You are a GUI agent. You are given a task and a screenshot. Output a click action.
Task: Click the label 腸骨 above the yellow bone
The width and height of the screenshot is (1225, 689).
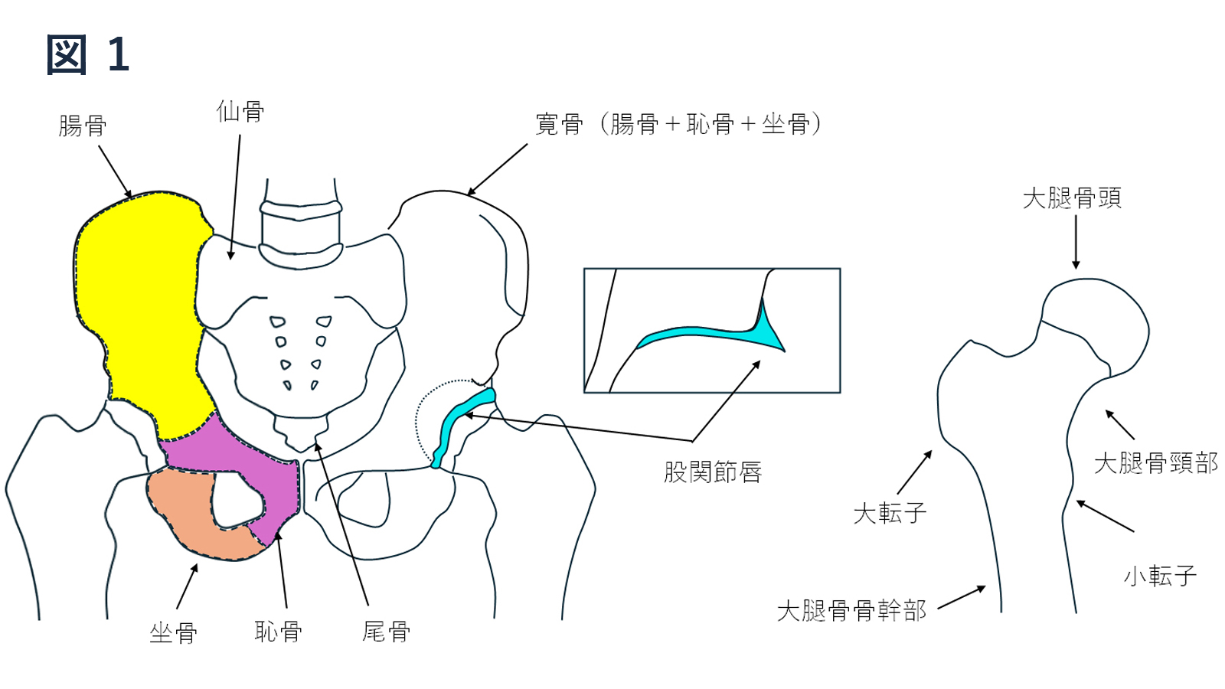(83, 126)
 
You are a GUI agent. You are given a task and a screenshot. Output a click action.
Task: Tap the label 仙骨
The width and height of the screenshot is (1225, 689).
(240, 112)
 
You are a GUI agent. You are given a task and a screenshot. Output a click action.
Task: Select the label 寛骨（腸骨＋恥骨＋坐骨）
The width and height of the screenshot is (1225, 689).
(678, 124)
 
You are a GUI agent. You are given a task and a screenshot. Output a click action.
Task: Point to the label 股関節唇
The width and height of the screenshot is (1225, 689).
(713, 472)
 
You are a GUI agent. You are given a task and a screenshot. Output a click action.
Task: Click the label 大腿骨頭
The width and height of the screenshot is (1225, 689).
(1072, 198)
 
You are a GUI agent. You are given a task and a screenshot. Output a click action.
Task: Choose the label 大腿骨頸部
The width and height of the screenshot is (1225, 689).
(1155, 463)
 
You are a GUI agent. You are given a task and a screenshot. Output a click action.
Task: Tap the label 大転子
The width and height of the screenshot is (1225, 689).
(890, 514)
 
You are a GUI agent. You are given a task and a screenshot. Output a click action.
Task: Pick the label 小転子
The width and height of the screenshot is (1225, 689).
(1160, 576)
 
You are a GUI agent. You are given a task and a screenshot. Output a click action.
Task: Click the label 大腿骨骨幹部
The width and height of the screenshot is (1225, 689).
(851, 611)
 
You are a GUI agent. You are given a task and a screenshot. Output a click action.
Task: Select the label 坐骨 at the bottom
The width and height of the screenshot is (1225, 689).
(173, 633)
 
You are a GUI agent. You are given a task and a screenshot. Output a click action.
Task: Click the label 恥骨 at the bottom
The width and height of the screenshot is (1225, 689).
(279, 632)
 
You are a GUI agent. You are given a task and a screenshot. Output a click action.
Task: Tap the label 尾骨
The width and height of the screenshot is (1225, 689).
(386, 632)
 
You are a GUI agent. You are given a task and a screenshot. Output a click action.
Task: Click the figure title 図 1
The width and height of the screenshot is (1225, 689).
(88, 54)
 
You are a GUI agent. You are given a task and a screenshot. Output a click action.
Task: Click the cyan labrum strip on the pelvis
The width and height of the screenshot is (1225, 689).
(462, 426)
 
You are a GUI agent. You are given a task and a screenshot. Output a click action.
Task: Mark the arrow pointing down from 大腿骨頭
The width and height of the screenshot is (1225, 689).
(1076, 242)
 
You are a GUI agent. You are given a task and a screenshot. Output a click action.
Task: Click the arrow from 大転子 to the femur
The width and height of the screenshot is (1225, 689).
(914, 472)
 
